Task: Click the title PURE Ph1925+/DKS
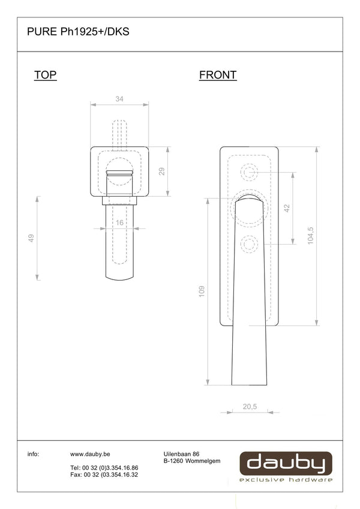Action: point(78,32)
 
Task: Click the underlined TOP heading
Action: point(45,75)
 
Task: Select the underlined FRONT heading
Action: point(218,75)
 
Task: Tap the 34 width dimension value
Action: point(119,99)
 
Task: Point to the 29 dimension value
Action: point(161,171)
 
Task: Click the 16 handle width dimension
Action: point(119,222)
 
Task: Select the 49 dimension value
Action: point(31,238)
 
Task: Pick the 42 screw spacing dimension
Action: point(287,208)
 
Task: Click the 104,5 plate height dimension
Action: point(310,236)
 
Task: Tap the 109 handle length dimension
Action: point(202,291)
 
